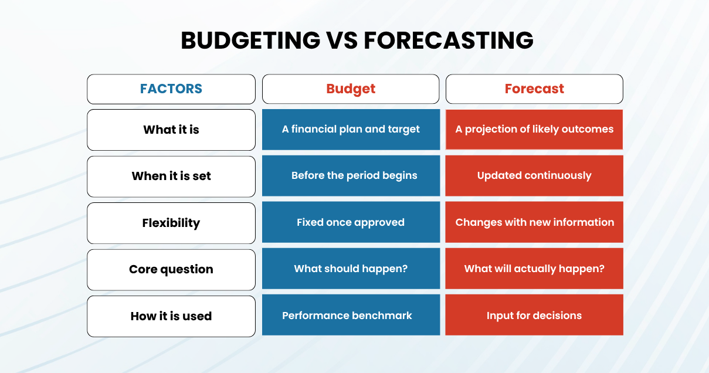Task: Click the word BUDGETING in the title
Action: coord(250,40)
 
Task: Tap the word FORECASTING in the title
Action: coord(449,40)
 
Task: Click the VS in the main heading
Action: coord(342,40)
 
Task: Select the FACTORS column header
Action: coord(171,89)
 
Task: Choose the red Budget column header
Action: coord(351,89)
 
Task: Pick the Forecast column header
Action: coord(534,89)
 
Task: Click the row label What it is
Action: coord(171,130)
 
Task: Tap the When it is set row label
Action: coord(171,177)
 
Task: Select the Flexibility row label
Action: coord(171,223)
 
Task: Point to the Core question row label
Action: coord(171,269)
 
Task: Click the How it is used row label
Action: coord(171,316)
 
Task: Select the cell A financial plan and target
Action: coord(351,130)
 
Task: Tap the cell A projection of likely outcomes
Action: coord(534,130)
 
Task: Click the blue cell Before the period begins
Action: coord(351,176)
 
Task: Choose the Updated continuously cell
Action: coord(534,176)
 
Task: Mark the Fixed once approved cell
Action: coord(351,222)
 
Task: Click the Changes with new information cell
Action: coord(534,222)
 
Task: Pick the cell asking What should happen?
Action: coord(351,269)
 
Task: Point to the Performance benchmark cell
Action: coord(351,315)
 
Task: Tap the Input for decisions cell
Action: coord(534,315)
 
